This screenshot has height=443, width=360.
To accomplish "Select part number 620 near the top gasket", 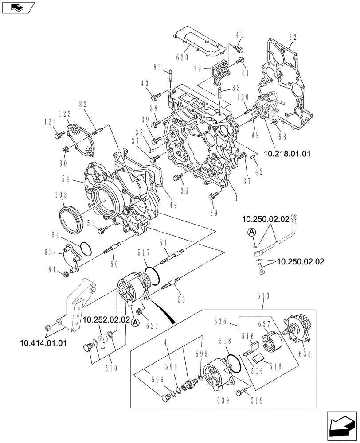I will click(182, 58).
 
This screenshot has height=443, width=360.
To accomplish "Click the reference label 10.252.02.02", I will click(106, 319).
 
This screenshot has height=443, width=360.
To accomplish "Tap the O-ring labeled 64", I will click(87, 249).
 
